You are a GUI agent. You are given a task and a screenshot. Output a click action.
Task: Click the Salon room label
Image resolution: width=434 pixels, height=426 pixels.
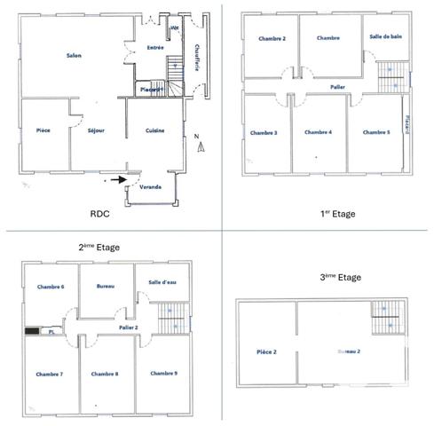(74, 57)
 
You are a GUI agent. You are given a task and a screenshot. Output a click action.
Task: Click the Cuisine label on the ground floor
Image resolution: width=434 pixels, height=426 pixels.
(156, 130)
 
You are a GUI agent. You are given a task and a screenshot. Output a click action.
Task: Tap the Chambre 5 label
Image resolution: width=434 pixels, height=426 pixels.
(376, 132)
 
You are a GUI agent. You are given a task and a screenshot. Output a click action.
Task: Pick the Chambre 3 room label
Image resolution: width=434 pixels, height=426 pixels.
(264, 132)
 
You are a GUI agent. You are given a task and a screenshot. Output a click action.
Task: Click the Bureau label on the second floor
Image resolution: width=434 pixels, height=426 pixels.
(107, 287)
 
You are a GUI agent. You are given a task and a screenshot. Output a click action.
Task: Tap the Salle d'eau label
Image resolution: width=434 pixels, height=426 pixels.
(162, 282)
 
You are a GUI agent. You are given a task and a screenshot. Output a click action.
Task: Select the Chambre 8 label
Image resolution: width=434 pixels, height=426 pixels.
(105, 374)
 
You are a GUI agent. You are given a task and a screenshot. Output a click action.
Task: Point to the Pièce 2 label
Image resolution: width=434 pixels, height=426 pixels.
(266, 352)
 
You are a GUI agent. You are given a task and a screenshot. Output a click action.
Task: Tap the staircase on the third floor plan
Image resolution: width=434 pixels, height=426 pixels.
(386, 315)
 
